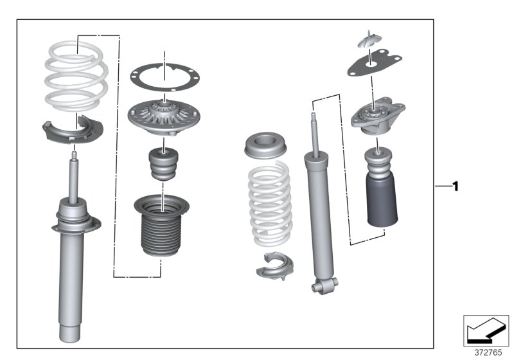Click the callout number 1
pos(456,187)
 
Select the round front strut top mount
pos(165,116)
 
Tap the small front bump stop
pos(165,166)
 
